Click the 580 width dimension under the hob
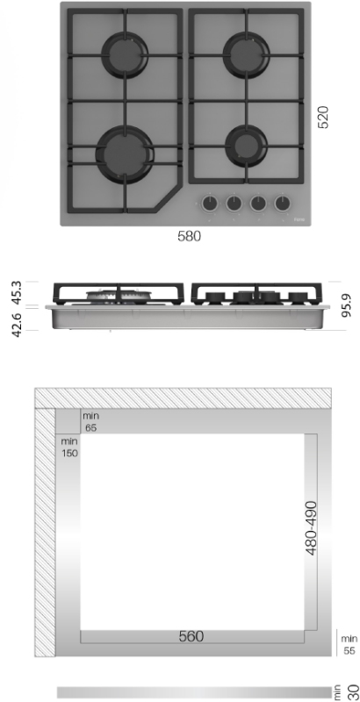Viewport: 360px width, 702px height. pos(189,236)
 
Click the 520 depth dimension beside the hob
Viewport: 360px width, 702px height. pos(323,118)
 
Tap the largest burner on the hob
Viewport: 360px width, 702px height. pos(125,154)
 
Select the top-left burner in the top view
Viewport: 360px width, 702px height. pos(125,55)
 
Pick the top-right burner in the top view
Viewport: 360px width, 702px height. pos(246,55)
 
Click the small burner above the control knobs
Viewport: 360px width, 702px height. pos(246,146)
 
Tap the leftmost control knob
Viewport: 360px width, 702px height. pos(210,204)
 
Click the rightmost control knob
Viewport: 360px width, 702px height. pos(282,204)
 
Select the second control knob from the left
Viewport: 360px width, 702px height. pos(234,204)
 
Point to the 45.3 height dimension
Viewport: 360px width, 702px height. pos(16,293)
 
